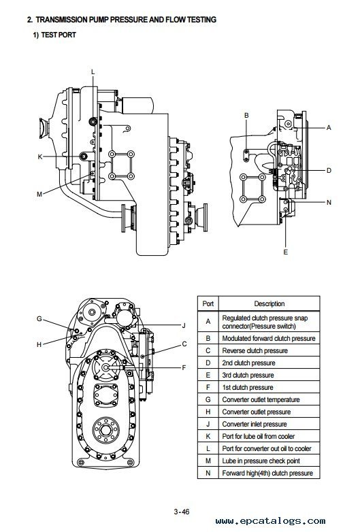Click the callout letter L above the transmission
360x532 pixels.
coord(93,72)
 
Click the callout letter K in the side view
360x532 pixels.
coord(40,156)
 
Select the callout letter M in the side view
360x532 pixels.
coord(39,195)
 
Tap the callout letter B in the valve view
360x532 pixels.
coord(246,116)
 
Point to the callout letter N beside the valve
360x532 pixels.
coord(329,203)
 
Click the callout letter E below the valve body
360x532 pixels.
coord(285,252)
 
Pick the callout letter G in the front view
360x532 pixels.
coord(39,319)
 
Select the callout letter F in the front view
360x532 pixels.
coord(184,367)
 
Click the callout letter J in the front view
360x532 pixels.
coord(184,326)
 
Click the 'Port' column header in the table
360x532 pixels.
coord(208,303)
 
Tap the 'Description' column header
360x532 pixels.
coord(269,303)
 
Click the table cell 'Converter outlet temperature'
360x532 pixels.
coord(261,399)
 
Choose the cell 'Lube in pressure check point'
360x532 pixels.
coord(261,461)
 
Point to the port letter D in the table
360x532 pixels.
coord(208,363)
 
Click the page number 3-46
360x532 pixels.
coord(182,512)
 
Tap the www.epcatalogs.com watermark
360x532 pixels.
coord(270,521)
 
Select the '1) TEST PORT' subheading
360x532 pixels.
coord(54,35)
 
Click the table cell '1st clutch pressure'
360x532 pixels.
coord(248,388)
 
